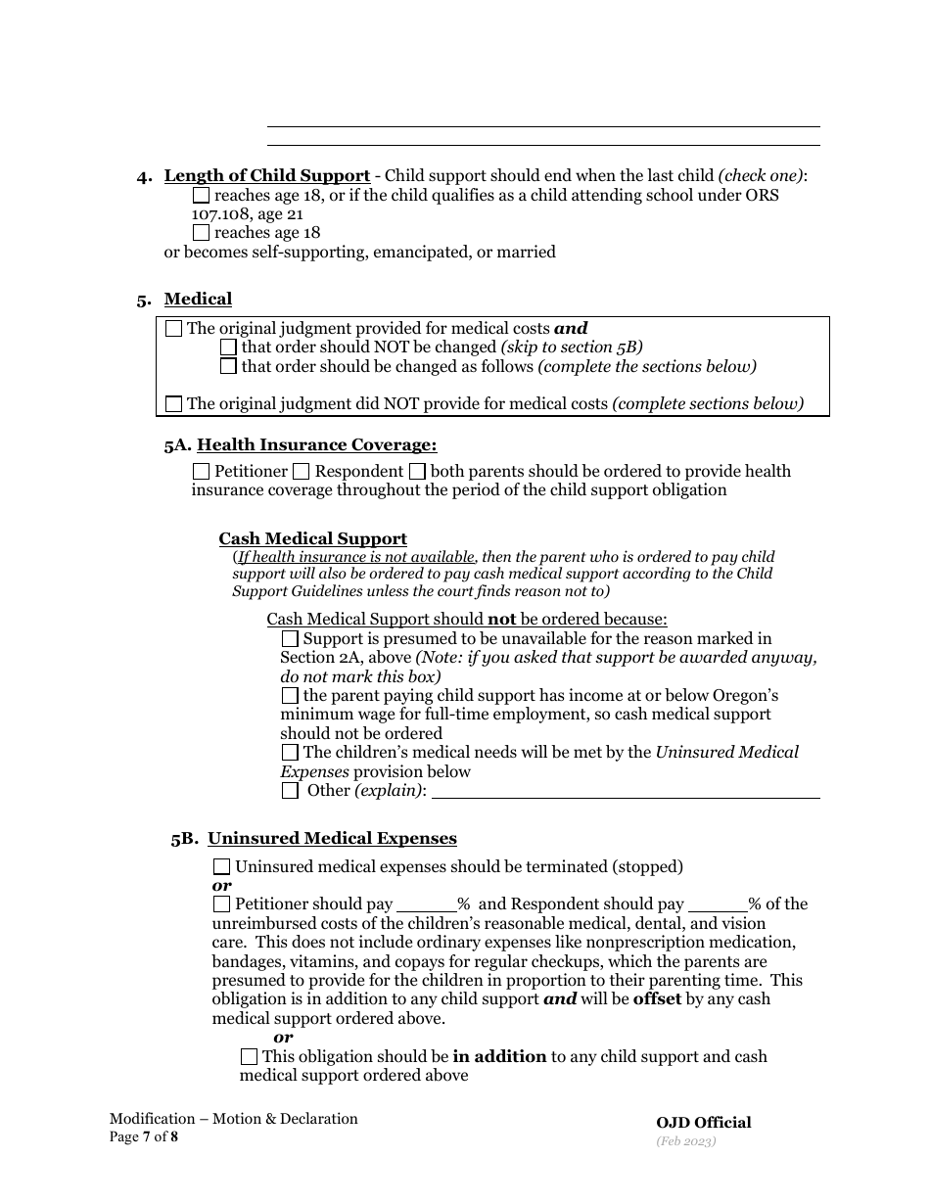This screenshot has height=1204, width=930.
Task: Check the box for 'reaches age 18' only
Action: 202,233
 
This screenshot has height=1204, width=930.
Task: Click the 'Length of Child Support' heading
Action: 266,176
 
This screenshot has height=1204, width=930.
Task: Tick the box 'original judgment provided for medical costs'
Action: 174,329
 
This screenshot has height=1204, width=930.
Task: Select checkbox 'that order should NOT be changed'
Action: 229,347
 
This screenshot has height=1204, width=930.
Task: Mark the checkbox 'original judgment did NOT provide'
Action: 174,403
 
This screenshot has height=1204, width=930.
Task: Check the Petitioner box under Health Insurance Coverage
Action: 202,472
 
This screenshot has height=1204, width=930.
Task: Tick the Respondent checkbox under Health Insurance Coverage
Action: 302,472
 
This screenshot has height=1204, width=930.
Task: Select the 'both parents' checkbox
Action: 418,472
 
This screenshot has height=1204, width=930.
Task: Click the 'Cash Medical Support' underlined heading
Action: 312,539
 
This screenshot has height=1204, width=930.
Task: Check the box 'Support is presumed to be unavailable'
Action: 290,639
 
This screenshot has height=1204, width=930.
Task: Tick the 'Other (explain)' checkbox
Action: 290,791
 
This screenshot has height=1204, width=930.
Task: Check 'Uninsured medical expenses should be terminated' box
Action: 222,867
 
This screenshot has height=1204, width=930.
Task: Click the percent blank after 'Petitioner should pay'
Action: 426,905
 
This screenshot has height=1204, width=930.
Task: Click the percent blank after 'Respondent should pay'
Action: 719,905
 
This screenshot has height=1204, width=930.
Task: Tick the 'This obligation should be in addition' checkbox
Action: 250,1057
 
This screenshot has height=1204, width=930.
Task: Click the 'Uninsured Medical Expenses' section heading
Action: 332,839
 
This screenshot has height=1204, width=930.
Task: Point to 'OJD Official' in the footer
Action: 703,1123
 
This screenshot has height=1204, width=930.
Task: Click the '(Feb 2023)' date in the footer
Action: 686,1141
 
